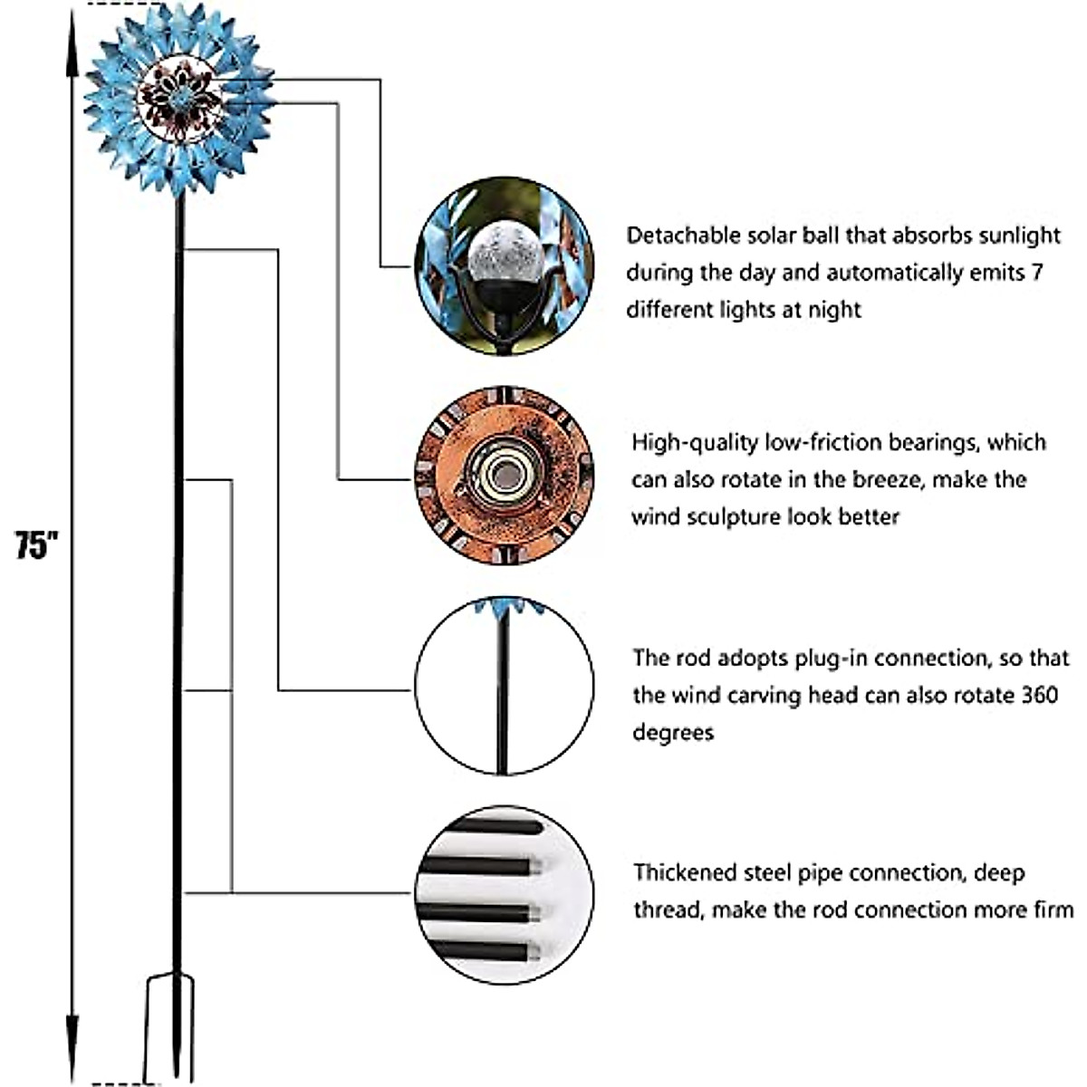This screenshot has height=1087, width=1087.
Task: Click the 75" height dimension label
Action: point(36,545)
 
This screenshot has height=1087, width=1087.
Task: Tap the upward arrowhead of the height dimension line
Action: point(72,43)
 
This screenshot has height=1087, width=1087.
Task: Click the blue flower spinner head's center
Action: point(179,100)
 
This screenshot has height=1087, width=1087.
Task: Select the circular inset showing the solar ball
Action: point(505,265)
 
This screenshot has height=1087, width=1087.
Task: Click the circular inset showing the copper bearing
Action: point(505,476)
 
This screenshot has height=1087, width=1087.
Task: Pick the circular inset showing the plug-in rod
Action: point(505,686)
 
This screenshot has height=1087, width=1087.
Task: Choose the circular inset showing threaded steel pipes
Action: point(505,895)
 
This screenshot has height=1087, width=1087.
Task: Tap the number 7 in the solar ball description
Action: point(1036,273)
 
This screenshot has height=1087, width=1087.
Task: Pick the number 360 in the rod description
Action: point(1040,695)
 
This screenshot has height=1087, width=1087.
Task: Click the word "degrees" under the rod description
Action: point(674,734)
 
